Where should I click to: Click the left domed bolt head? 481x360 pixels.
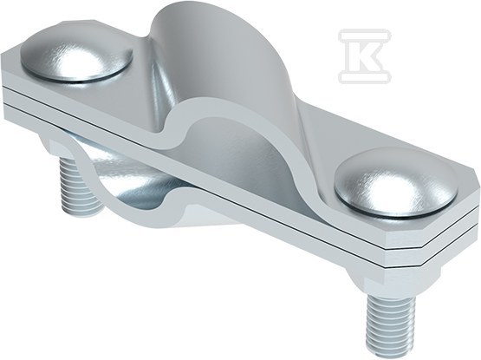76,60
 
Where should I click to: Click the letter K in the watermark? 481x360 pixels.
365,56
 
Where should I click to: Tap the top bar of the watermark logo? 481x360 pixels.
365,35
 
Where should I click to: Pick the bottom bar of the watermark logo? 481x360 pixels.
365,77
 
